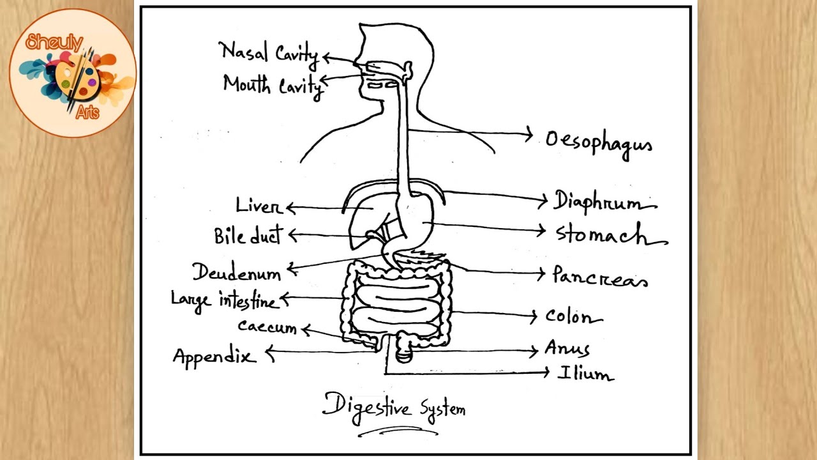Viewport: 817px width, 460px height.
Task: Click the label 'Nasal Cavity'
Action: [x=268, y=52]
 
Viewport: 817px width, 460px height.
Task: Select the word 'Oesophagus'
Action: [x=598, y=142]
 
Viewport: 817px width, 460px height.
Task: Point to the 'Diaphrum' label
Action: [x=603, y=201]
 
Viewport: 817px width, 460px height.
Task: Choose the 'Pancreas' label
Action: [x=599, y=277]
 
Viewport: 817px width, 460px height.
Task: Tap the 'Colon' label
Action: [x=573, y=316]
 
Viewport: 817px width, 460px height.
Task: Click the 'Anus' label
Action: [x=567, y=349]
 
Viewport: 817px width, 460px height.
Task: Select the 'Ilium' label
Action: [x=585, y=374]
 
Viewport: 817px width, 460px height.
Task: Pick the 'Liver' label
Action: [x=258, y=206]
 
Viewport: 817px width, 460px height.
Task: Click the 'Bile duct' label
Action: [x=248, y=236]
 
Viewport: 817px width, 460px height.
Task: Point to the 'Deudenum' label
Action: [x=237, y=273]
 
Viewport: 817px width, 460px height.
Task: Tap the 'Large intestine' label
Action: [x=224, y=300]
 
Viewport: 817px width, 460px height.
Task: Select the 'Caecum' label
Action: [x=267, y=327]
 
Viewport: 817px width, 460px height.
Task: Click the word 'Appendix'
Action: [x=214, y=356]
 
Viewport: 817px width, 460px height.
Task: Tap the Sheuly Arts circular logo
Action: [x=72, y=73]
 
